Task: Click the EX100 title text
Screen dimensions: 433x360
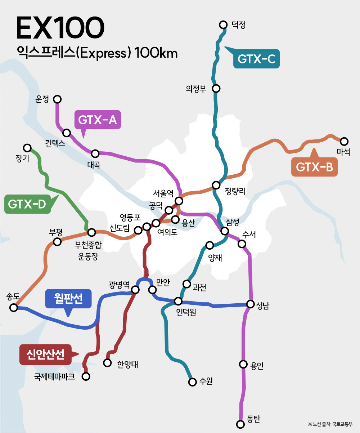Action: pos(60,28)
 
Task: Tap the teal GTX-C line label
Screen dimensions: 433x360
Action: pos(256,59)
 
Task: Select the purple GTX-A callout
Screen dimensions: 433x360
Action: pos(97,120)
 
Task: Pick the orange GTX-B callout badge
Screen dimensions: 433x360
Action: pos(314,167)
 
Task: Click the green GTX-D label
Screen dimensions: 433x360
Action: pos(27,204)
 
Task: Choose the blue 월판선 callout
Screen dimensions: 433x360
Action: pos(68,299)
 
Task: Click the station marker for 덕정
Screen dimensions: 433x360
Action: pos(223,24)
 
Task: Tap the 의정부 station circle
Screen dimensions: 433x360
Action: pos(216,88)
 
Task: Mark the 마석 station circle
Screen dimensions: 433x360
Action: pos(344,141)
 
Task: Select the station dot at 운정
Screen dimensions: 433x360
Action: pos(57,99)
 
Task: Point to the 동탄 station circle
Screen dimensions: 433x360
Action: pos(240,424)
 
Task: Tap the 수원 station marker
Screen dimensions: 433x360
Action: pos(192,381)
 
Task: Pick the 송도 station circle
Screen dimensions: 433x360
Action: pos(14,307)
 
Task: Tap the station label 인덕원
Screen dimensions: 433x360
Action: pos(186,312)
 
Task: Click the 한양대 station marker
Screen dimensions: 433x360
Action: pos(107,362)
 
